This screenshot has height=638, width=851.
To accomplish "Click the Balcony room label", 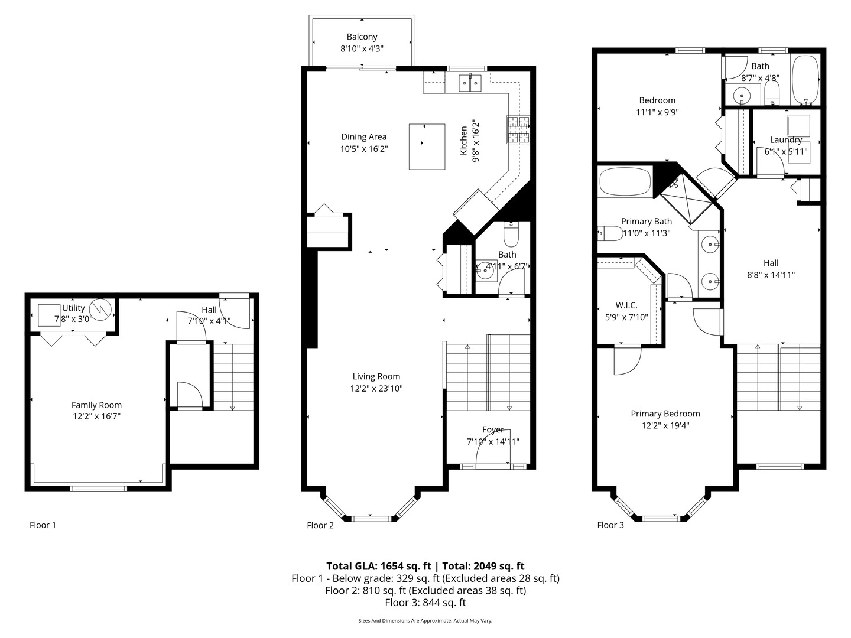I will tap(362, 37).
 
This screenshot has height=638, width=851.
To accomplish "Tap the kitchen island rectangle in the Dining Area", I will tap(427, 146).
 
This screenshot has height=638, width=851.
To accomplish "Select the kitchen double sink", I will tap(470, 83).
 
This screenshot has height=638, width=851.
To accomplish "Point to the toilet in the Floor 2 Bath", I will tap(511, 236).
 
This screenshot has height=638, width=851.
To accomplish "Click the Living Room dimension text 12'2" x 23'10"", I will tap(376, 389).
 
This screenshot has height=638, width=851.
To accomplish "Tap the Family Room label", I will tap(96, 405).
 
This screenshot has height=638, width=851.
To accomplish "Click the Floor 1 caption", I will tap(43, 525).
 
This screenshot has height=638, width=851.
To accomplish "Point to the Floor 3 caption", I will tap(610, 525).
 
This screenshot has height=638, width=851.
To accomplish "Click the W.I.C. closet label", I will tap(626, 305).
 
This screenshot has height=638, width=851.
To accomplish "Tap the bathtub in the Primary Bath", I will tap(625, 182).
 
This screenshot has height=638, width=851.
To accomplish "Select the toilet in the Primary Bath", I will tap(609, 233).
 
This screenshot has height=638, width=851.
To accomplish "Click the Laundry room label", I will tap(786, 140).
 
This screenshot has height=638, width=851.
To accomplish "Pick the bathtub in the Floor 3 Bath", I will tap(805, 80).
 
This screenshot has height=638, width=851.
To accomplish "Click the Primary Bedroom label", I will tap(665, 414).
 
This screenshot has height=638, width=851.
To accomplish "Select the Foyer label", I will tap(493, 429).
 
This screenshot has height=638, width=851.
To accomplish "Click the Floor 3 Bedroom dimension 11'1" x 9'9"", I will tap(657, 112).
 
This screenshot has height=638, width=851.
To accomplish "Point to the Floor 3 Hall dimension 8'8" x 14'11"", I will tap(771, 275).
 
